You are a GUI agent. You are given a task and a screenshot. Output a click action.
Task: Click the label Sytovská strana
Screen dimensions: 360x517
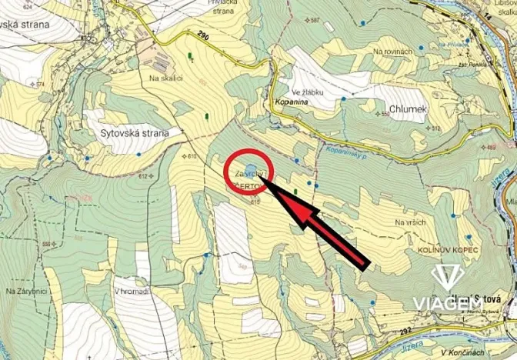click(x=134, y=132)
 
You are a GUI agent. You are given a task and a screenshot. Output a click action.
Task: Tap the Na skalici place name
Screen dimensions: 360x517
click(x=165, y=78)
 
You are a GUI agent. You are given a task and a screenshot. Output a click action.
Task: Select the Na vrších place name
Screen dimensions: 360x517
click(x=410, y=222)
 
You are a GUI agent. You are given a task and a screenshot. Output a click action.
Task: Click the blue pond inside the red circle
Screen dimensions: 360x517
click(x=250, y=169)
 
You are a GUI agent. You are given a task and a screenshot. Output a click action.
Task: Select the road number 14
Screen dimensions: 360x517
click(x=488, y=15)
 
